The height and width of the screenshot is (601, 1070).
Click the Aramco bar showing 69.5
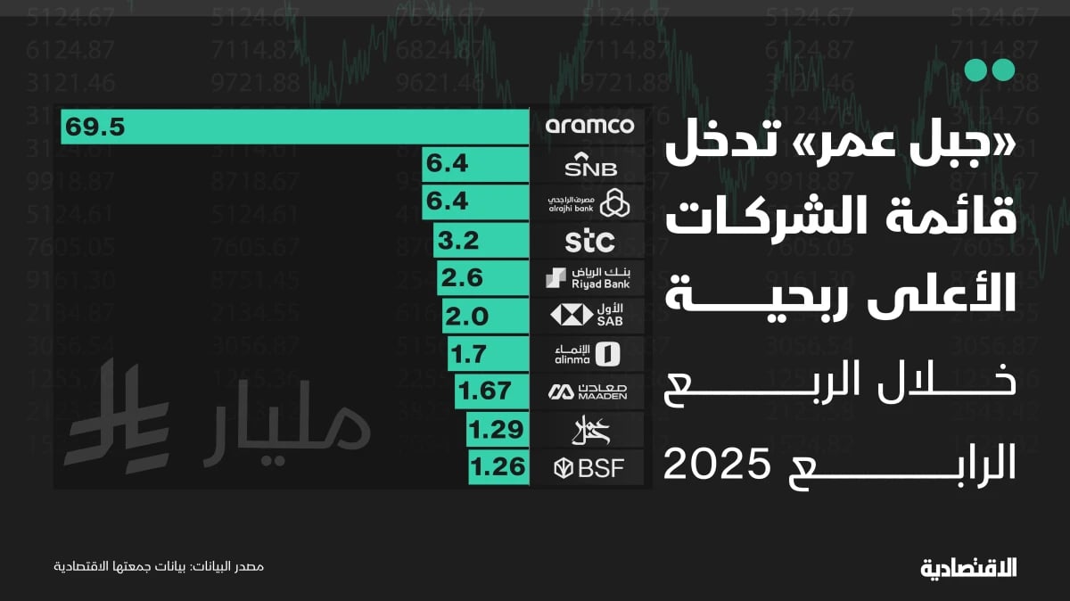(294, 127)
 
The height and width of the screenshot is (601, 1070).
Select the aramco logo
(589, 126)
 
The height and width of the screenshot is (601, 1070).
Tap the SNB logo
(589, 165)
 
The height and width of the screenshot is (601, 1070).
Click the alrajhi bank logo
(589, 202)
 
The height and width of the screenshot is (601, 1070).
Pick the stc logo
(589, 240)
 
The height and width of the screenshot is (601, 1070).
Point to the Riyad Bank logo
(589, 278)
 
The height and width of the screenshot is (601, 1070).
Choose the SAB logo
(589, 316)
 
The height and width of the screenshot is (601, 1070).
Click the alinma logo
(589, 353)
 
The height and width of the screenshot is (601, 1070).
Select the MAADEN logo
(589, 391)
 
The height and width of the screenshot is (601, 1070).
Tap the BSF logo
(589, 465)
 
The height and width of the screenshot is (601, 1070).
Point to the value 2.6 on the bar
(464, 278)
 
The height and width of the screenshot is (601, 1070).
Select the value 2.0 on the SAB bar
(466, 316)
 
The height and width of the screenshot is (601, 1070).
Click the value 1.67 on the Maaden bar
(483, 391)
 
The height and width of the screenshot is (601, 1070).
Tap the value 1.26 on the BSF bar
(498, 465)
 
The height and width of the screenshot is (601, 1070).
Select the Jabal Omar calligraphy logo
(589, 429)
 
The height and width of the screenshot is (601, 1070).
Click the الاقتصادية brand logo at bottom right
(967, 567)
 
